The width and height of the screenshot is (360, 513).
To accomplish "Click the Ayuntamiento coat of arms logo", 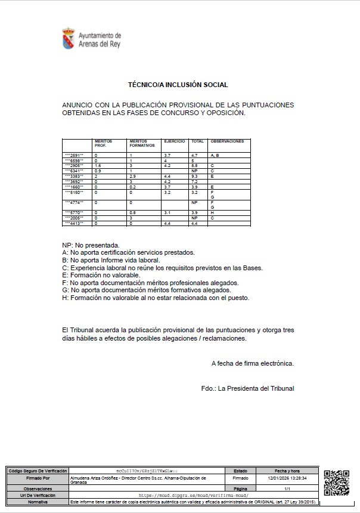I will [69, 38].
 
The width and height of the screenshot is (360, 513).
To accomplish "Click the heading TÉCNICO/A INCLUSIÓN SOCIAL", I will [178, 85].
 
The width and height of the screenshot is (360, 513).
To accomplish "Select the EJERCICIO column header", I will [175, 141].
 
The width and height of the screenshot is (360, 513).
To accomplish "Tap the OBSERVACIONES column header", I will [227, 141].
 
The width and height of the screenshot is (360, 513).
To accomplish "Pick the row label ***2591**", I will [75, 155].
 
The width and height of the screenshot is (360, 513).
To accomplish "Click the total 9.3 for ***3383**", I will [195, 177].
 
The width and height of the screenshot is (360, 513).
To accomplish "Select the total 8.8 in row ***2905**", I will [195, 166].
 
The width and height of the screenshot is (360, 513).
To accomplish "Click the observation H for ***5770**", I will [212, 213].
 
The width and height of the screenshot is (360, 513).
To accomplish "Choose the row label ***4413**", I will [75, 224].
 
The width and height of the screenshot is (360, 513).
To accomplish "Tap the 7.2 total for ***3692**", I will [194, 182].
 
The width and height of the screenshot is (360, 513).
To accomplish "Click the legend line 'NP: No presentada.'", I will [91, 245].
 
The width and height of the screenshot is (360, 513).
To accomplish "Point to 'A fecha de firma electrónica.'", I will [252, 363].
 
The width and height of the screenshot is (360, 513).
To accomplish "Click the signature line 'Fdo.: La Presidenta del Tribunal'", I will [247, 389].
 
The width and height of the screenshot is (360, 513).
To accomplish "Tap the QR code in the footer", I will [336, 483].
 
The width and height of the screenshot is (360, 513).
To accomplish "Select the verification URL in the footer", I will [193, 495].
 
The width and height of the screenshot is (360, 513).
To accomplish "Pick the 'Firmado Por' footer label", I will [38, 478].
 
